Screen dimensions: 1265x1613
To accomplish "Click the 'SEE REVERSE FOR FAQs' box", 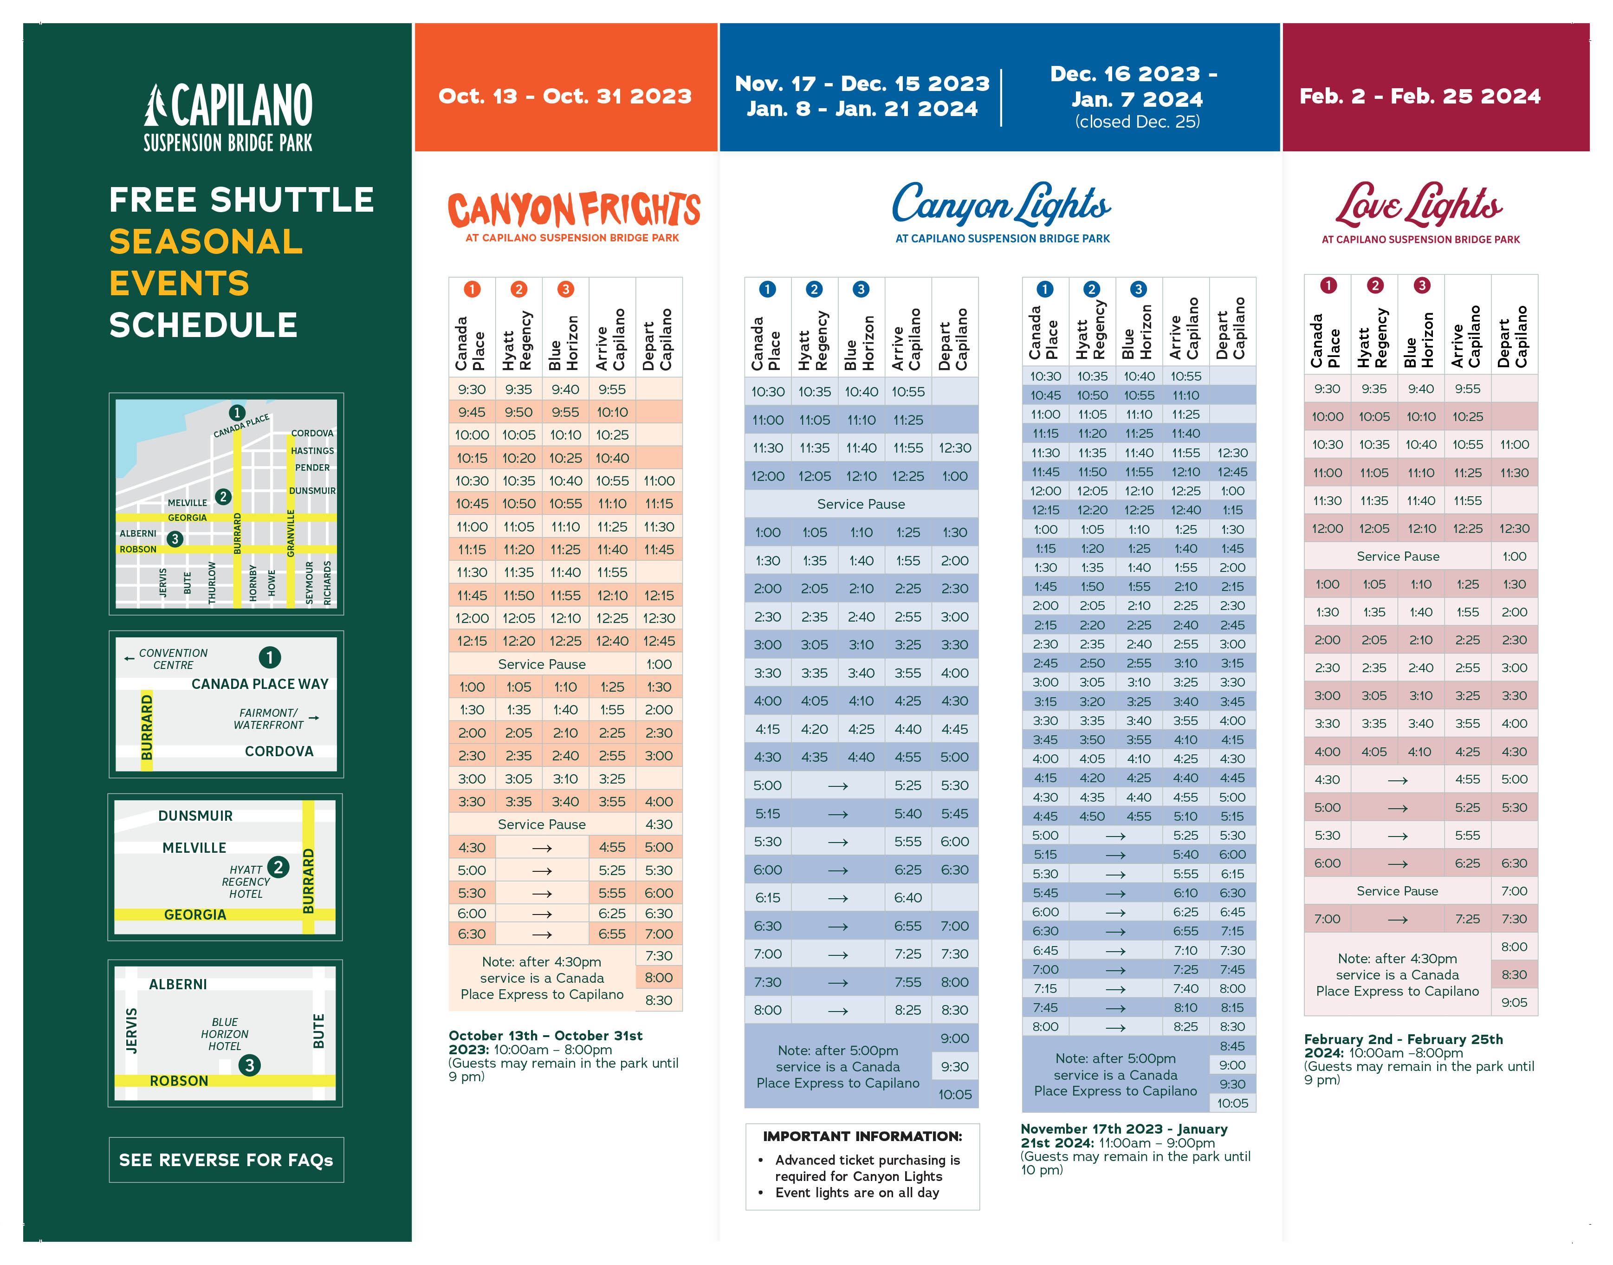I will click(x=226, y=1159).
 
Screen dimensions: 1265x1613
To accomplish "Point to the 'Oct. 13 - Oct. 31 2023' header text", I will click(x=564, y=96).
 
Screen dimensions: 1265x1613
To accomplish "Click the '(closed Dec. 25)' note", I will click(x=1137, y=122).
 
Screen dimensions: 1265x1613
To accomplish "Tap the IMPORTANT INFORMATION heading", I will click(x=862, y=1135).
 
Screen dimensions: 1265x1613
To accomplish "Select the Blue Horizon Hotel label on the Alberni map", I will click(x=224, y=1033).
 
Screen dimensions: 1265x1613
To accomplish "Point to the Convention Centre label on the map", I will click(x=173, y=658).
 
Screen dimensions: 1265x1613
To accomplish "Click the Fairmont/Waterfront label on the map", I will click(x=268, y=719).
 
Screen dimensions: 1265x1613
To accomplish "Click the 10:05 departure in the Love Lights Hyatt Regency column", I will click(x=1374, y=416).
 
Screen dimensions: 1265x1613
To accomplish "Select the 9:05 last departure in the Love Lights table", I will click(x=1514, y=1002).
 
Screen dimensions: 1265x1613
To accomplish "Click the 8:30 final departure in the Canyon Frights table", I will click(x=658, y=1000).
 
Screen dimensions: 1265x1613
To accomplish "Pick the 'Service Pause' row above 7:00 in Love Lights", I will click(x=1397, y=891).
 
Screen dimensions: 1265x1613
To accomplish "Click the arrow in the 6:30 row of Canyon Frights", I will click(x=542, y=934).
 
